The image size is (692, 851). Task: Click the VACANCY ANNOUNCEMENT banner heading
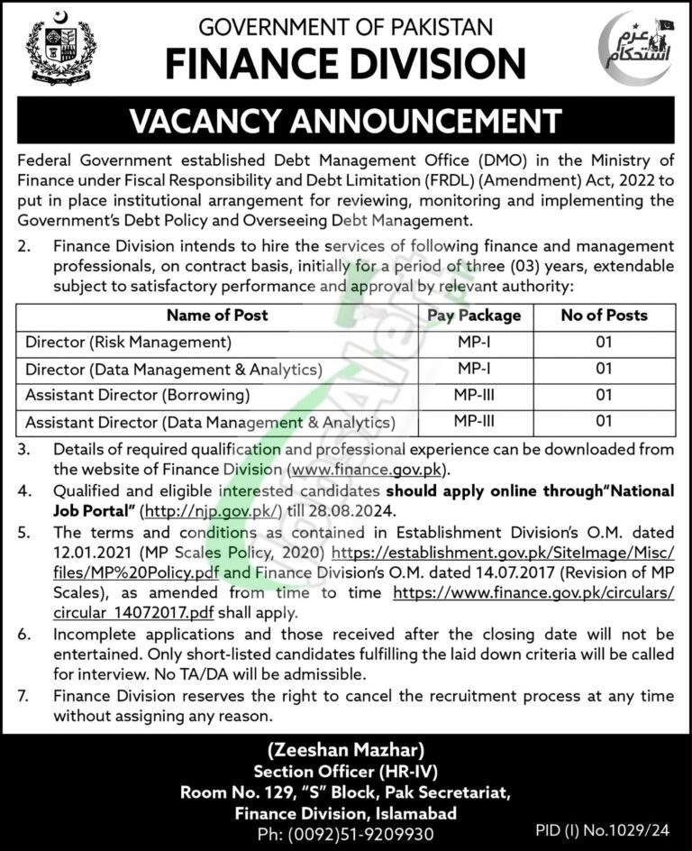(345, 122)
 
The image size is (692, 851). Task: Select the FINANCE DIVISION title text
(345, 64)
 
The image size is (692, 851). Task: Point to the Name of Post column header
(217, 316)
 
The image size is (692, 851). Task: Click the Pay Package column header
(473, 316)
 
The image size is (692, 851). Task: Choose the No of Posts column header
(604, 316)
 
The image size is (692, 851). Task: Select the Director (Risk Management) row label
(129, 343)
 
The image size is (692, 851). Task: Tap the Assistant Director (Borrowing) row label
(137, 395)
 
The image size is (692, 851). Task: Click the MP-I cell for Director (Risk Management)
(473, 343)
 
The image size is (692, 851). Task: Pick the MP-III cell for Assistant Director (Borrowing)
(473, 395)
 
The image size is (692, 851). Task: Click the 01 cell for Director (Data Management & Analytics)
(604, 369)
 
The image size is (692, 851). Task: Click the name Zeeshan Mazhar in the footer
(346, 748)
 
